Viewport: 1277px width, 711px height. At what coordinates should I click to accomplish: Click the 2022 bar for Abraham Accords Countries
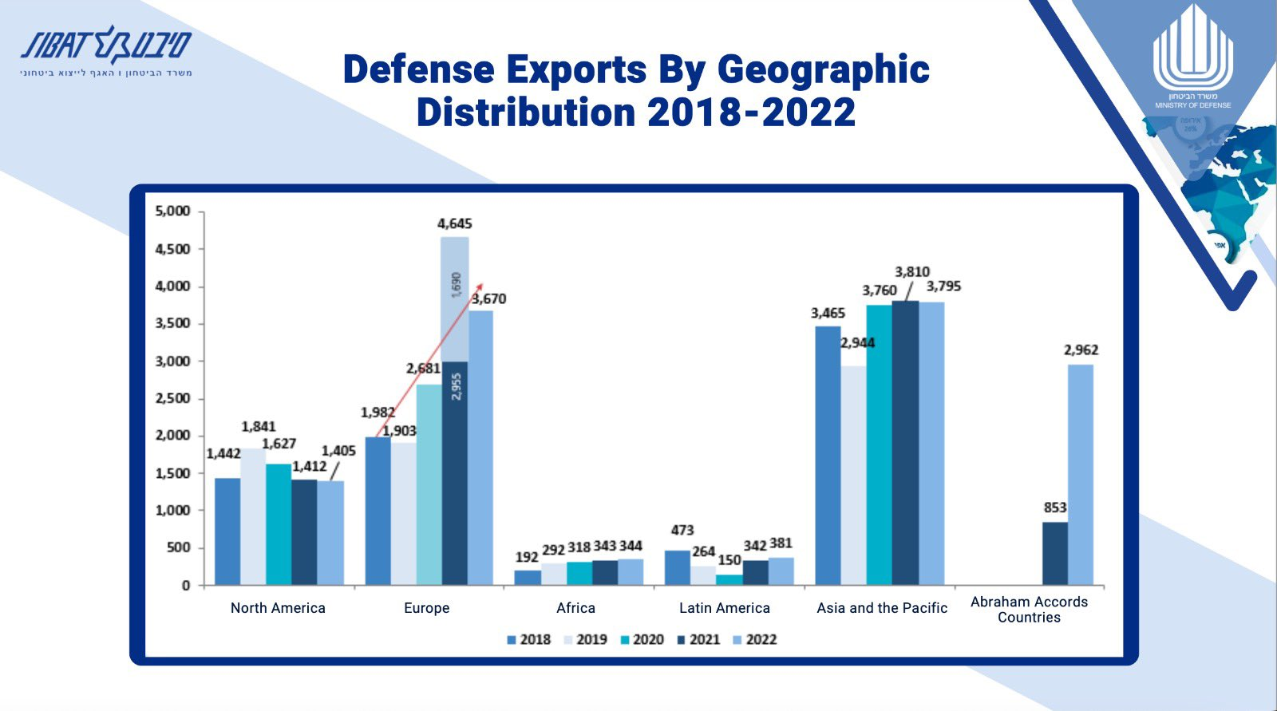point(1081,475)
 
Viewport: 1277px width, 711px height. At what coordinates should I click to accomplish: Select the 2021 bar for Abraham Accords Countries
point(1055,554)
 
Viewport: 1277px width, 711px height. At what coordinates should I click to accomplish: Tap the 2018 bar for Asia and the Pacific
point(828,455)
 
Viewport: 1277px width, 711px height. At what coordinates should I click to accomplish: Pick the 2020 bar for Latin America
point(729,579)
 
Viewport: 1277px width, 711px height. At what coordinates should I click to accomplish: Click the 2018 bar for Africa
point(528,577)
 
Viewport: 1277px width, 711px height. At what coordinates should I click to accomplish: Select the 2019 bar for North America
point(253,516)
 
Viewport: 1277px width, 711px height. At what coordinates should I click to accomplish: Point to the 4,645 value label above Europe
point(455,224)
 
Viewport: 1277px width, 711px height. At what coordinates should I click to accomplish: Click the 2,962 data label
point(1081,350)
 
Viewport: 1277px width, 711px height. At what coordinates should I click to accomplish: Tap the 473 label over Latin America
point(682,531)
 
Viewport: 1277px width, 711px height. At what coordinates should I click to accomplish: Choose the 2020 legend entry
point(642,640)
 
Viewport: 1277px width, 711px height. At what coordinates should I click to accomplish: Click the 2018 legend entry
point(528,640)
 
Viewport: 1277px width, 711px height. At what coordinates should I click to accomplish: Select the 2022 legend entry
point(754,640)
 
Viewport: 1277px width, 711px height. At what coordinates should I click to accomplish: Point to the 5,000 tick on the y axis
point(173,211)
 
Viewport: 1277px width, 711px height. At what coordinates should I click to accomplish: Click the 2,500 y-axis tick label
point(173,398)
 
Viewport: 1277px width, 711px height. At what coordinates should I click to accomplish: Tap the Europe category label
point(427,608)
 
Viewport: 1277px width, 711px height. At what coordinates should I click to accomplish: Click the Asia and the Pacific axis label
point(882,608)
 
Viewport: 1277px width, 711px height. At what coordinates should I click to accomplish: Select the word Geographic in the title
point(823,69)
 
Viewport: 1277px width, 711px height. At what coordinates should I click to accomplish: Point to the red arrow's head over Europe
point(480,286)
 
